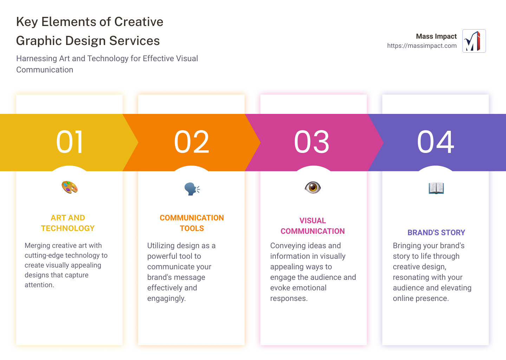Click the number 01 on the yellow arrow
[70, 142]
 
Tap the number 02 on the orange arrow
[192, 142]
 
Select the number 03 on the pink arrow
[312, 142]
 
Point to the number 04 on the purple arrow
[436, 142]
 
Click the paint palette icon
[70, 187]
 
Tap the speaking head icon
[192, 189]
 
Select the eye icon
[313, 187]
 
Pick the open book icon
[436, 188]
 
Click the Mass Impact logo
[474, 41]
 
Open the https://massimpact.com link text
[422, 46]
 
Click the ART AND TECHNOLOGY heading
[68, 223]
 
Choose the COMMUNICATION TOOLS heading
[192, 223]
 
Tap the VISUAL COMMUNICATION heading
[313, 226]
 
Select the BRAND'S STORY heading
[436, 232]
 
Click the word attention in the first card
[39, 285]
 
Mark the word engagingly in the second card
[166, 298]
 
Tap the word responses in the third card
[288, 298]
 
